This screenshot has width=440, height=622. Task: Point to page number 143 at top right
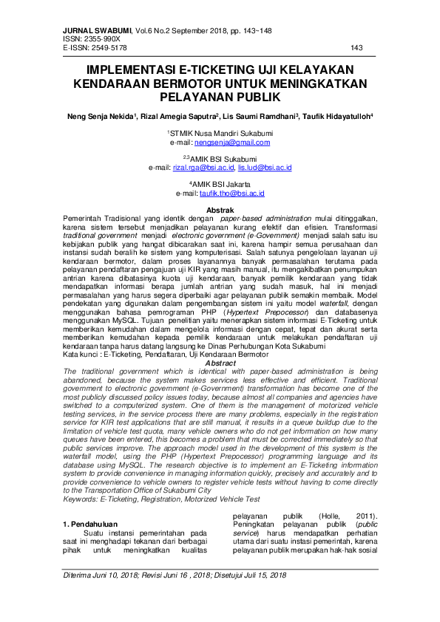(356, 47)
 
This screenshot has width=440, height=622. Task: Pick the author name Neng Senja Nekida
(100, 116)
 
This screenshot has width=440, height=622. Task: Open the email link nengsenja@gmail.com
(232, 142)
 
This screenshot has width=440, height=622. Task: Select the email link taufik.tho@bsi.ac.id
(231, 194)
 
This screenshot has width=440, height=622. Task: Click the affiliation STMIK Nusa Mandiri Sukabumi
(221, 133)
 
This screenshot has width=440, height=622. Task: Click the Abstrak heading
(220, 211)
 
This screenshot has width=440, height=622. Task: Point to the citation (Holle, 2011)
(347, 516)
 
